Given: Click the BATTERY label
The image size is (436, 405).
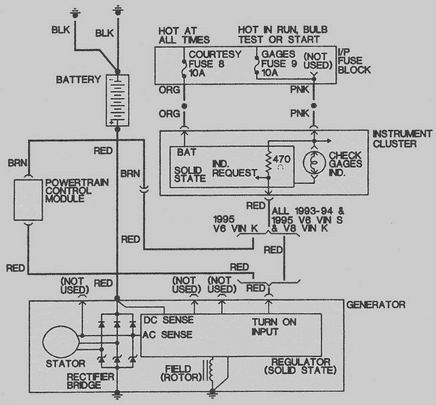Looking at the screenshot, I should coord(78,80).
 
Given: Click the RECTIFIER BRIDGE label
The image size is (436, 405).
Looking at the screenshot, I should coord(90,381).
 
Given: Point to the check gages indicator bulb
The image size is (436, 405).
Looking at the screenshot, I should coord(313,163).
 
